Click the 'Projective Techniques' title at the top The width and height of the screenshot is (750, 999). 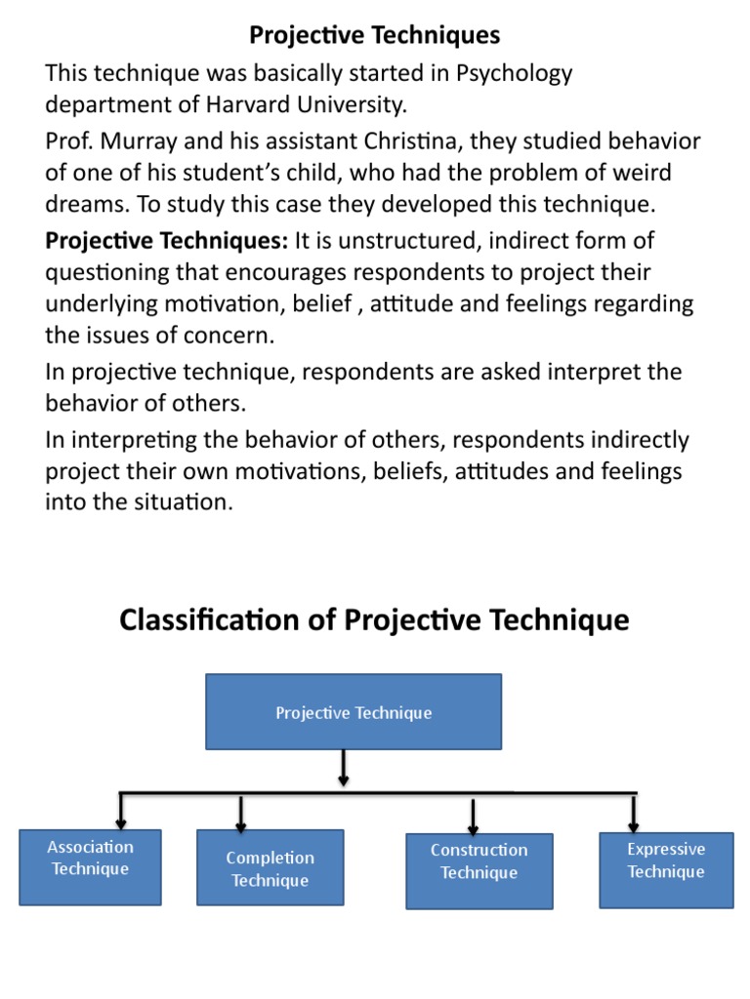point(375,36)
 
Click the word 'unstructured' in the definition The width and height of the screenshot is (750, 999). point(387,240)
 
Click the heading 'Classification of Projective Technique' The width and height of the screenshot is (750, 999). point(375,619)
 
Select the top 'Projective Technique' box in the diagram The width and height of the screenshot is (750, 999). point(354,712)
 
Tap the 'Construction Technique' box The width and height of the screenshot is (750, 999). point(479,870)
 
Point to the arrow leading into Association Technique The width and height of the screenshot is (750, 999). point(121,811)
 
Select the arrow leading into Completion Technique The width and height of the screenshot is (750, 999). point(241,813)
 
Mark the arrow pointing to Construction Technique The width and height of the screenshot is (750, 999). point(474,816)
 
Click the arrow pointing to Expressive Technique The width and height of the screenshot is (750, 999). point(634,813)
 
